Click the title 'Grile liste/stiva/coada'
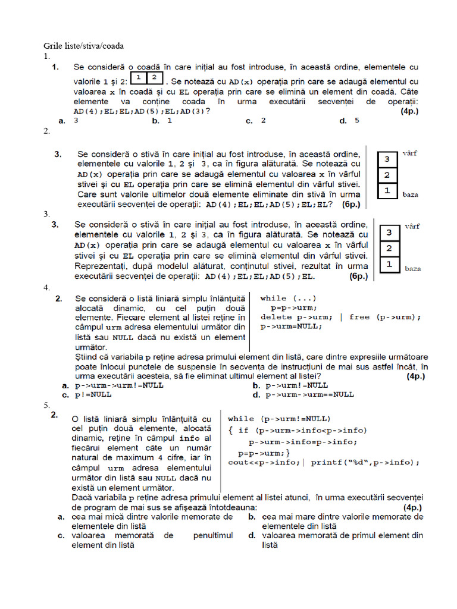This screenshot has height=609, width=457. tap(83, 46)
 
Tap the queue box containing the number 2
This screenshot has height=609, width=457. tap(154, 79)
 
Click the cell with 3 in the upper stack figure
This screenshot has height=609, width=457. tap(387, 159)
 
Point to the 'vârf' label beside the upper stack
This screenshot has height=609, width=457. tap(409, 153)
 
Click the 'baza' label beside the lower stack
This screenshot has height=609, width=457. tap(413, 269)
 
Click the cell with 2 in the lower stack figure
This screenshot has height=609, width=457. tap(389, 248)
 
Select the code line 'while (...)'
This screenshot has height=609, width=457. tap(289, 299)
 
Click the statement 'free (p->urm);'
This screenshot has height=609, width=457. tap(385, 317)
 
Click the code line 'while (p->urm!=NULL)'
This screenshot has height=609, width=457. tap(279, 418)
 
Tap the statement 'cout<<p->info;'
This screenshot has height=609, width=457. tap(264, 462)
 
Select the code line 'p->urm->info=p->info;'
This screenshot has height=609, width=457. tap(302, 442)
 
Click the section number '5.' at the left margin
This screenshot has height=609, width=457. tap(47, 405)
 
